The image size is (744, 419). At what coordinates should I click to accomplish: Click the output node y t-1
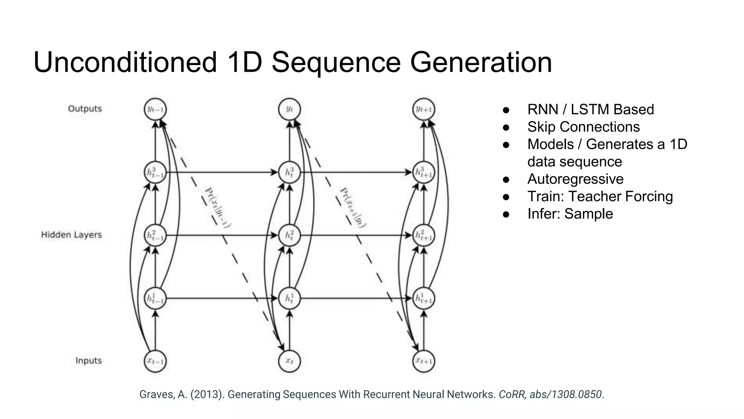155,109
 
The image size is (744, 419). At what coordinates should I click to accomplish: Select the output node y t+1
424,109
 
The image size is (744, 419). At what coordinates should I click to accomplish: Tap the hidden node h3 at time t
289,172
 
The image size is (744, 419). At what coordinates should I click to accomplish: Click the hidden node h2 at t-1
155,235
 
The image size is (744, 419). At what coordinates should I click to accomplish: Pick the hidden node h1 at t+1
424,298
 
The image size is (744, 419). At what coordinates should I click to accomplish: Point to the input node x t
289,361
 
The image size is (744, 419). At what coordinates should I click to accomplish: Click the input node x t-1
155,361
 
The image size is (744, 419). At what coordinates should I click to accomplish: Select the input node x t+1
424,361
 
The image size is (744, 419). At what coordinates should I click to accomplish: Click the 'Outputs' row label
85,109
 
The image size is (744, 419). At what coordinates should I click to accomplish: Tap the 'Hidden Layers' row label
71,235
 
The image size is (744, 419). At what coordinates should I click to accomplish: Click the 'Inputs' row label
88,360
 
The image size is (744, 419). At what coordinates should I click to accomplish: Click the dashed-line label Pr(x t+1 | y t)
353,207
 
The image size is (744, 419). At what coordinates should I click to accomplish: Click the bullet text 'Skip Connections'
583,127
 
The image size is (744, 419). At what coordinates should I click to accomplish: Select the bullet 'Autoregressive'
575,179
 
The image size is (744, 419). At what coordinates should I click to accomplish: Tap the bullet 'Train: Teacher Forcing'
600,196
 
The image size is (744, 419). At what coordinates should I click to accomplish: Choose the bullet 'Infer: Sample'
570,214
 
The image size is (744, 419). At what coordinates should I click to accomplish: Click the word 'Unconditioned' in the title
125,63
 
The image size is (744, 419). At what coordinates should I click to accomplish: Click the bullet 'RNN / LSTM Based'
590,109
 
